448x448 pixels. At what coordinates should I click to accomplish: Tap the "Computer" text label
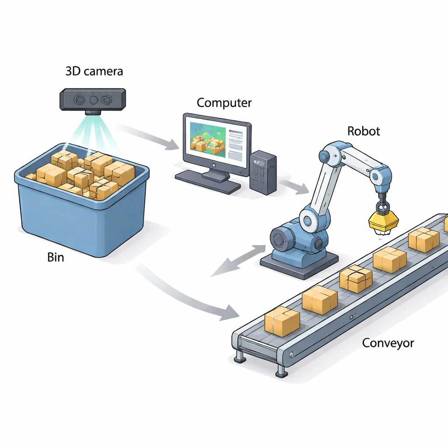pos(224,103)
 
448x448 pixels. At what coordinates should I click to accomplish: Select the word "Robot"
pos(363,131)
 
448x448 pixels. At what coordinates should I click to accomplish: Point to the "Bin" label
pos(55,257)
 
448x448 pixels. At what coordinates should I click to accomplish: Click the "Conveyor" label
pos(388,343)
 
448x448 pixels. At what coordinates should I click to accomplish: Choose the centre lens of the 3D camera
pos(94,100)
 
